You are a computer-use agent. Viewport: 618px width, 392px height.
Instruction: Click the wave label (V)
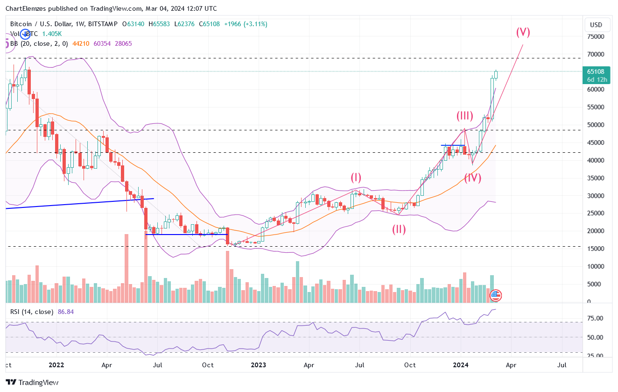[523, 32]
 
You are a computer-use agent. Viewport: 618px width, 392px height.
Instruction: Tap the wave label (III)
[465, 116]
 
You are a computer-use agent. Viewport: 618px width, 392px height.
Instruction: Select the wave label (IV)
[472, 178]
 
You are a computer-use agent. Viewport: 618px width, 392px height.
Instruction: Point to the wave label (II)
[399, 229]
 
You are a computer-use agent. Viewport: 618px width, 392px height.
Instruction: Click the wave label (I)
[356, 177]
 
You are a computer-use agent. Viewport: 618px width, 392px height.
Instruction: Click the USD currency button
[596, 25]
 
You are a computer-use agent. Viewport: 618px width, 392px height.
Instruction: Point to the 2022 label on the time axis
[56, 365]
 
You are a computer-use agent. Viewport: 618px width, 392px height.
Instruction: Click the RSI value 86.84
[66, 312]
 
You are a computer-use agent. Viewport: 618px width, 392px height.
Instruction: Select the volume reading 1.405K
[52, 34]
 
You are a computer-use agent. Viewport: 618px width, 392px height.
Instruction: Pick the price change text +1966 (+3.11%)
[250, 24]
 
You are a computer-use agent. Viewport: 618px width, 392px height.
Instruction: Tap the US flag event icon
[495, 295]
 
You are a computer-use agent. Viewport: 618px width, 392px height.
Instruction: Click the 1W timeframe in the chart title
[80, 24]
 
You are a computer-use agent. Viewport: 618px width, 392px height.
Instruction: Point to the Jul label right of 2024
[562, 365]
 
